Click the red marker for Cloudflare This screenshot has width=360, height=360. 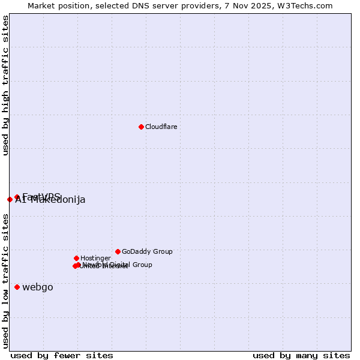(141, 127)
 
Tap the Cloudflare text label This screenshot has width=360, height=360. (161, 127)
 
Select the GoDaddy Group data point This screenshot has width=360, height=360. (118, 251)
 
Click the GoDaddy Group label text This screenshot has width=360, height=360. (147, 251)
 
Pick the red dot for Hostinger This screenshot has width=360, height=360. (76, 258)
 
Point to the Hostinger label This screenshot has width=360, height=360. (95, 258)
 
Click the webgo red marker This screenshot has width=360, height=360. (17, 287)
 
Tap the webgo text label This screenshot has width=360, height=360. (37, 287)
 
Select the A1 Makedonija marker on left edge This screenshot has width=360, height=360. (10, 199)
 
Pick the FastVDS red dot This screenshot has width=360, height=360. (17, 197)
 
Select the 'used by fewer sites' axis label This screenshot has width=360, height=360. (62, 355)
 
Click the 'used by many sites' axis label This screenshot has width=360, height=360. (301, 355)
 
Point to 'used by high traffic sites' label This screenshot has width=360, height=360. (5, 86)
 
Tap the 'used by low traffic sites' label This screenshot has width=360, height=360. (5, 280)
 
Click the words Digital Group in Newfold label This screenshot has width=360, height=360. (131, 265)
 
